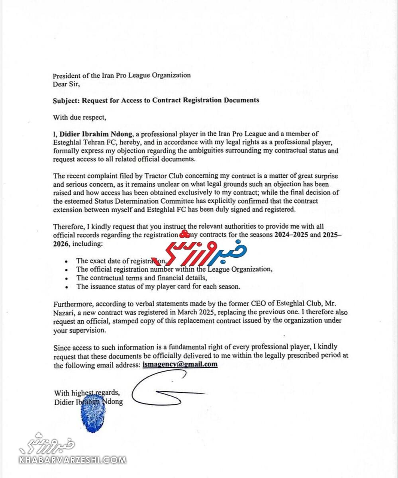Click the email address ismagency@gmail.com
point(180,364)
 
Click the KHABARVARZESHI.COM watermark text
point(73,460)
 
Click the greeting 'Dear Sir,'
point(67,84)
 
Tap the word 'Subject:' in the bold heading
point(67,100)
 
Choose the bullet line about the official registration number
point(174,269)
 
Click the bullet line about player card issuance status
point(158,286)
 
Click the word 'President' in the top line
point(67,75)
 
